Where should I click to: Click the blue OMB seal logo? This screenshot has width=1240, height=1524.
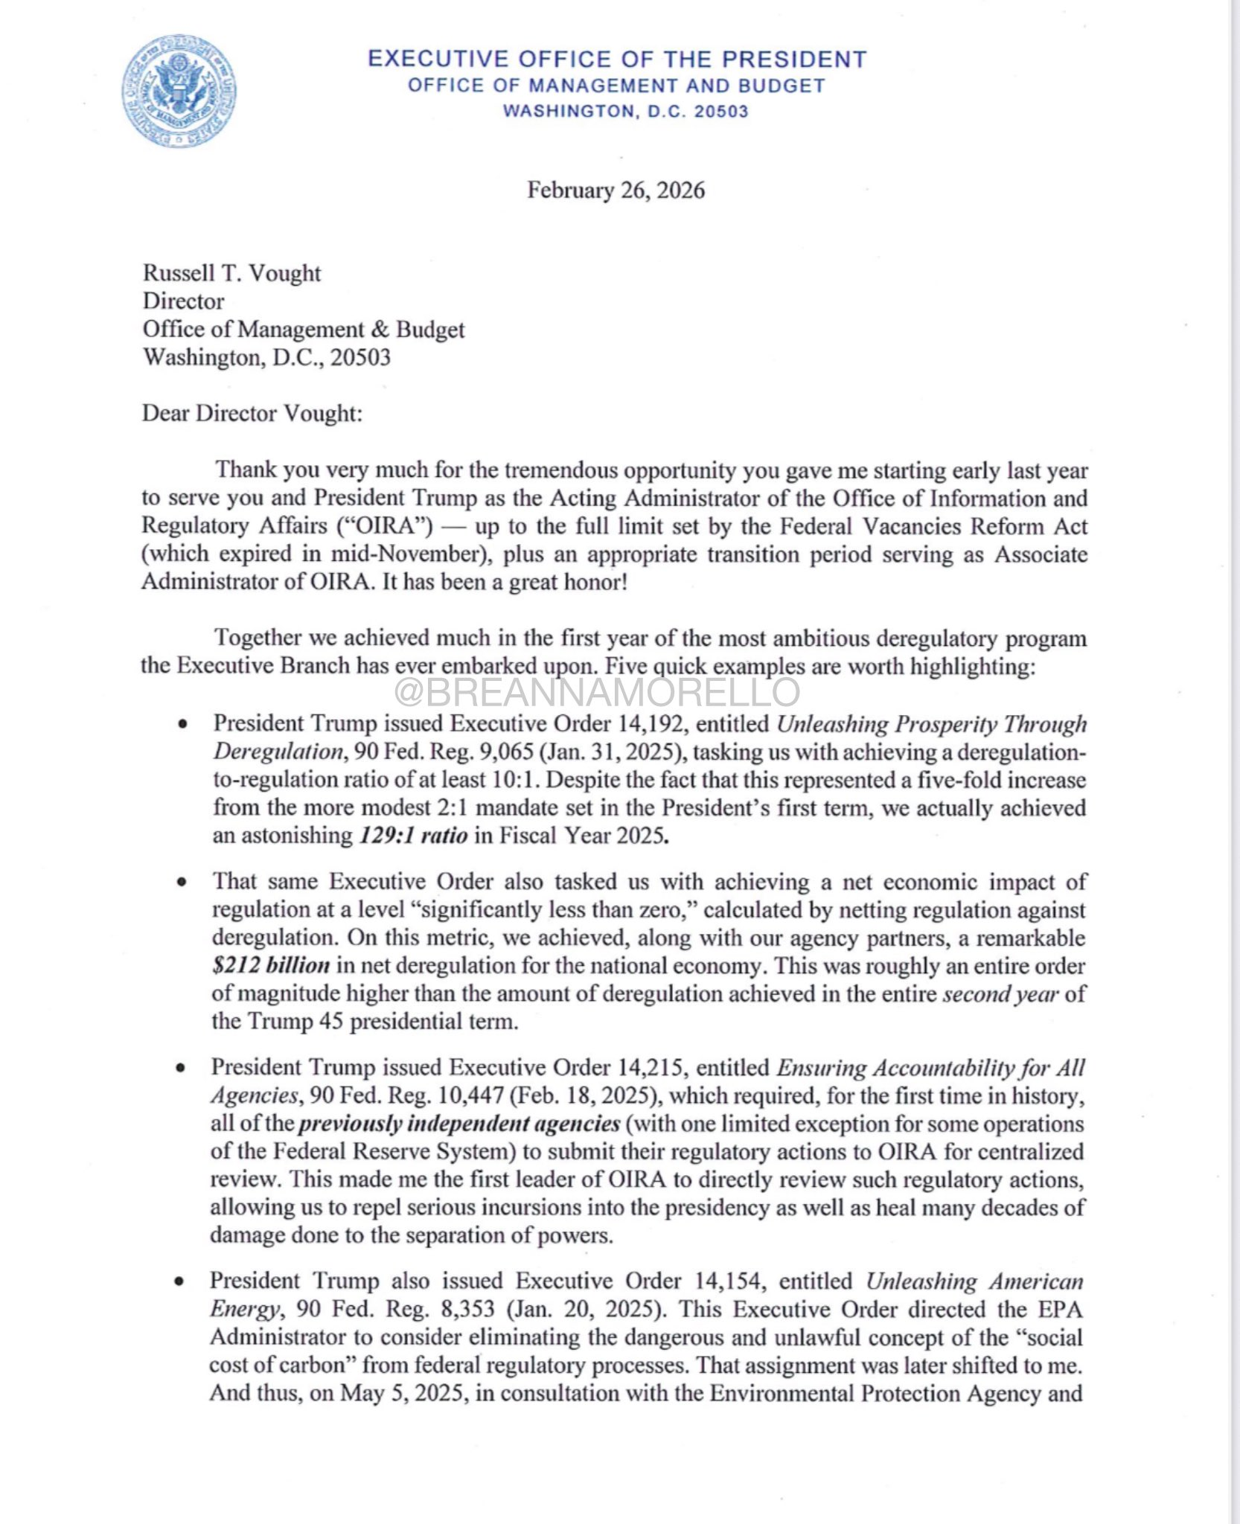179,91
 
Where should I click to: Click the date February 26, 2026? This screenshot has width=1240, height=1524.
616,190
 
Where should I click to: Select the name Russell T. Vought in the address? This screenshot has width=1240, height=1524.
231,273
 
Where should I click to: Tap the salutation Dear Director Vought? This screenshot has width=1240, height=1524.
252,413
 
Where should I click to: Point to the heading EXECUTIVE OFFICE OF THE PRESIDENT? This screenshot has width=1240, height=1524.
617,59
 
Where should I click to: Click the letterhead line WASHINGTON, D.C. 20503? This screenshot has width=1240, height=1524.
625,112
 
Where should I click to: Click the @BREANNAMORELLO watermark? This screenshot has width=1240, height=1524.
598,692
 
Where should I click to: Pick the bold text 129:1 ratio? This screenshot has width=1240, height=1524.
414,836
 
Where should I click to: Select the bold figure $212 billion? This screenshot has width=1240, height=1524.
271,965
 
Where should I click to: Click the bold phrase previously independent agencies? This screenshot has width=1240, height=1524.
459,1123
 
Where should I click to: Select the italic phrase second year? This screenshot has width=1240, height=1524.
1000,993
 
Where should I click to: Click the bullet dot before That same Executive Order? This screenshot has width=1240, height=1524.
181,883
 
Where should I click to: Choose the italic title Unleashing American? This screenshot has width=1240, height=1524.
974,1281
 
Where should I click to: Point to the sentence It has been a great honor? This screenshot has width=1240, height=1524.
505,582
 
